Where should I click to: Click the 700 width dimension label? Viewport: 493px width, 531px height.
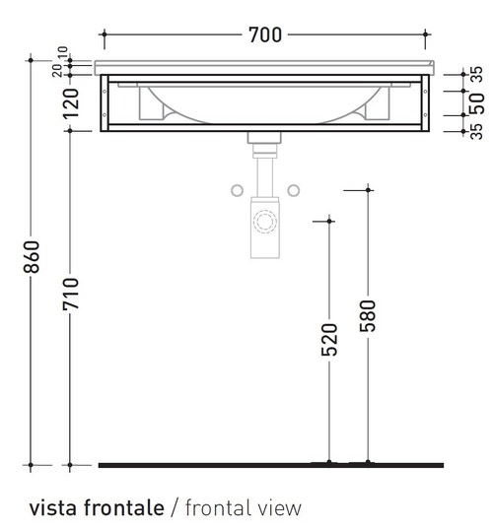tap(265, 34)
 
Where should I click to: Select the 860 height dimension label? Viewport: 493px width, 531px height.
tap(32, 257)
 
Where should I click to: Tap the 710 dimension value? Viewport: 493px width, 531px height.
tap(71, 294)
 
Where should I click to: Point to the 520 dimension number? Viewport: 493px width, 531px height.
tap(329, 340)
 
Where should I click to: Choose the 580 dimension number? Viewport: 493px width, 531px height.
tap(368, 316)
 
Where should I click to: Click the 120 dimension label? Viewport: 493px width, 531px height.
tap(71, 103)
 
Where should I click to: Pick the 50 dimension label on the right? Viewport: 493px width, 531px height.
tap(477, 103)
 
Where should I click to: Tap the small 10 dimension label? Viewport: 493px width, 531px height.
tap(63, 52)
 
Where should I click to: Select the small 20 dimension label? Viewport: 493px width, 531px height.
tap(57, 71)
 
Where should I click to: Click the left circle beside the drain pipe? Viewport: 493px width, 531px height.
tap(238, 190)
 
